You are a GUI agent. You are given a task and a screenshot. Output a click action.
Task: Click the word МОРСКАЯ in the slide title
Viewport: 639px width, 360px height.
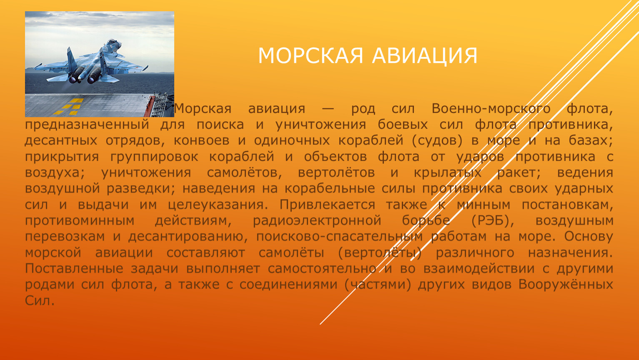point(311,55)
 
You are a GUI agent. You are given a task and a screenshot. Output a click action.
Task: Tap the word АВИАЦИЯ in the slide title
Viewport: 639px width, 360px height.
point(425,56)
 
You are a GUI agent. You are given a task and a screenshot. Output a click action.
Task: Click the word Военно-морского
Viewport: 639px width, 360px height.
point(491,109)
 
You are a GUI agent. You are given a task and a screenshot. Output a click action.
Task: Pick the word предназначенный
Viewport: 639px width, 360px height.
point(87,125)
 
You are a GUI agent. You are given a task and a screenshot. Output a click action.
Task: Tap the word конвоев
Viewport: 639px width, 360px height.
point(201,141)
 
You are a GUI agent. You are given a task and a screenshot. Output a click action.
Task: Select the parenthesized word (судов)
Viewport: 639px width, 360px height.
point(437,141)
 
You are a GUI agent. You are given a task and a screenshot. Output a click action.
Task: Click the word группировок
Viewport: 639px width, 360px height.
point(154,157)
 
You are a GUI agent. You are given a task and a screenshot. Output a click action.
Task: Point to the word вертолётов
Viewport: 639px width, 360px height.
point(336,173)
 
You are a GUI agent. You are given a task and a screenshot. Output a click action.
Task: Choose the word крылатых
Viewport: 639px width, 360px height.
point(448,173)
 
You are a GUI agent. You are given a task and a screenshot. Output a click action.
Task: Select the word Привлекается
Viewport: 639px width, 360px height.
point(327,205)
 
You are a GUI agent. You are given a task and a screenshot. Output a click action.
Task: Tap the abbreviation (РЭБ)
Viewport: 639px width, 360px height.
point(493,221)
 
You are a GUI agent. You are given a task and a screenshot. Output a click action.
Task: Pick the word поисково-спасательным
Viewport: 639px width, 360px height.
point(339,237)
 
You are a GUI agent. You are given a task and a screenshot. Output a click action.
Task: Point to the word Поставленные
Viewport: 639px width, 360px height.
point(74,269)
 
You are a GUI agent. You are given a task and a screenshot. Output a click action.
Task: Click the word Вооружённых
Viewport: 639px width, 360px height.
point(565,285)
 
